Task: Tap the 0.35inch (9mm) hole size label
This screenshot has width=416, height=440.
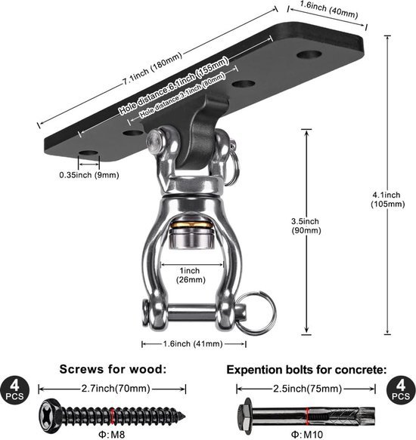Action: pyautogui.click(x=89, y=175)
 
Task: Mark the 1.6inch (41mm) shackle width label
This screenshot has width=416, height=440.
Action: pyautogui.click(x=193, y=344)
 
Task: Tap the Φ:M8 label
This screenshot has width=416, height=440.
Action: pyautogui.click(x=112, y=432)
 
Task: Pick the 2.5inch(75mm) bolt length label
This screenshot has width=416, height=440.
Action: pyautogui.click(x=306, y=389)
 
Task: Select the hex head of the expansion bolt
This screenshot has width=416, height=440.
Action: pyautogui.click(x=245, y=414)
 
